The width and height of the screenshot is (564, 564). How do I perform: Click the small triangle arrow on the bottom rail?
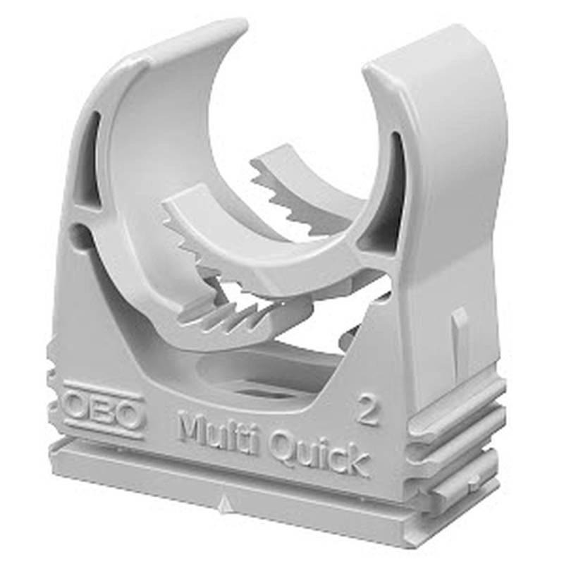pyautogui.click(x=224, y=501)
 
